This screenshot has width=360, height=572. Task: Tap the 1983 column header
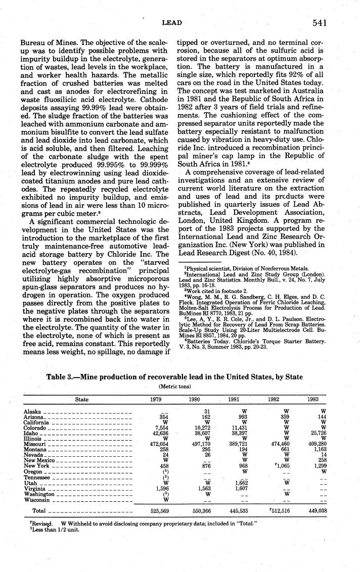pos(313,399)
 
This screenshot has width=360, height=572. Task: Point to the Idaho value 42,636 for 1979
pos(160,433)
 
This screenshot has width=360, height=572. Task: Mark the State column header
pos(82,399)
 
